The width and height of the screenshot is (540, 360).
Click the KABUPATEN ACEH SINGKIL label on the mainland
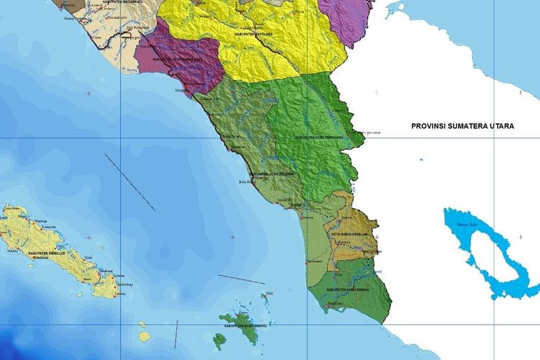[351, 289]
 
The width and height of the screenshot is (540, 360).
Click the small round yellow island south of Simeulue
[144, 336]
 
